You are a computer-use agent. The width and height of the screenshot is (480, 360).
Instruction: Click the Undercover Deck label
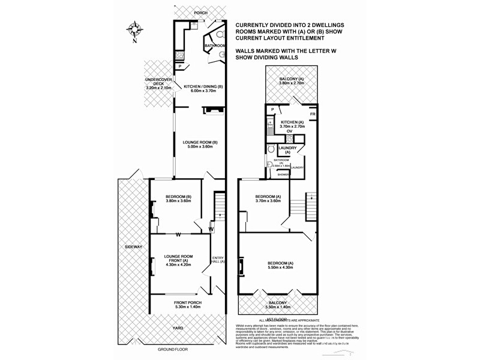(158, 84)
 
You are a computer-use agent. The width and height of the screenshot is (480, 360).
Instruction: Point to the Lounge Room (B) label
(200, 145)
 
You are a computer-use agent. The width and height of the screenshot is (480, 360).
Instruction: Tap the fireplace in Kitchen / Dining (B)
(214, 110)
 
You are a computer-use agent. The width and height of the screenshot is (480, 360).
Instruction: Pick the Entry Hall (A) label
(218, 260)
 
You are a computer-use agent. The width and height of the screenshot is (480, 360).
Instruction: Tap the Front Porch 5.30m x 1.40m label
(187, 304)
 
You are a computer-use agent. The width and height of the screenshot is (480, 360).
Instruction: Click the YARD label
(178, 328)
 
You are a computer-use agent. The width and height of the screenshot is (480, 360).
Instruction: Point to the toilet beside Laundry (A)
(271, 149)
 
